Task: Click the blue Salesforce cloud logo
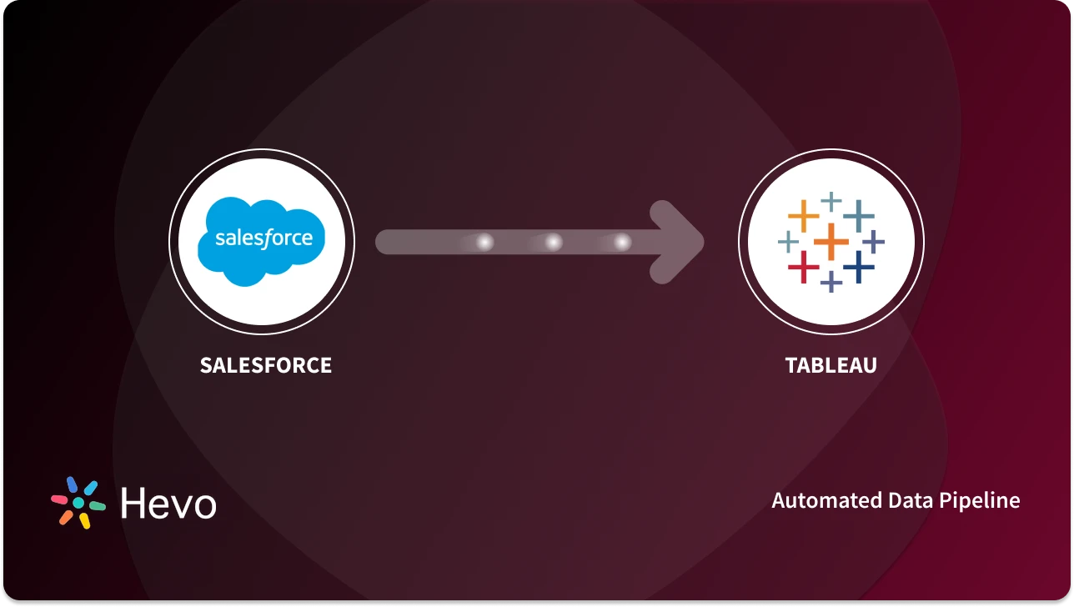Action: pos(261,241)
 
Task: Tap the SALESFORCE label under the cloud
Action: pos(266,365)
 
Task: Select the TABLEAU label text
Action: pos(831,365)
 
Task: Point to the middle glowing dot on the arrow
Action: pos(553,242)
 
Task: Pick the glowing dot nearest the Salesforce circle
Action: pos(484,242)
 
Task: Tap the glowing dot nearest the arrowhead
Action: pos(622,242)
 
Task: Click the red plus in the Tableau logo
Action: pos(804,267)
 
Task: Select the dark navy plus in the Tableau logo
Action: pos(858,267)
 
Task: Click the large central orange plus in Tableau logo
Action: pos(831,242)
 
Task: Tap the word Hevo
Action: pos(168,504)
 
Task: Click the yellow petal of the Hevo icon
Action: pos(84,521)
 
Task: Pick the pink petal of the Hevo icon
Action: pos(59,499)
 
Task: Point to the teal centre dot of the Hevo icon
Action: pos(78,504)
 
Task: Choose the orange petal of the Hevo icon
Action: pos(66,517)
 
